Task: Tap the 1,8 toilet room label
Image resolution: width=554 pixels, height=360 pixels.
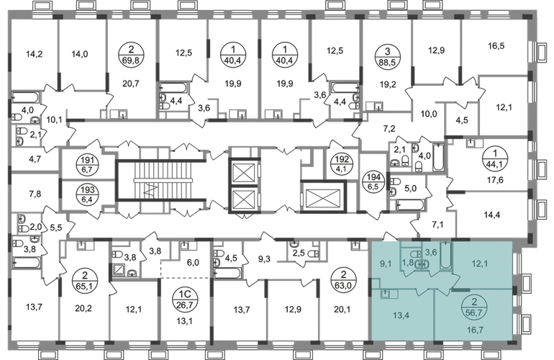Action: (x=407, y=263)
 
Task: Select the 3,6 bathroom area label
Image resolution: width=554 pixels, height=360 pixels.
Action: (x=431, y=252)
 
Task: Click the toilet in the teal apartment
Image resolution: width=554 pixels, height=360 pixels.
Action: (x=419, y=263)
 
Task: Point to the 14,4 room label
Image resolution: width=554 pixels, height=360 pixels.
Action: (x=494, y=213)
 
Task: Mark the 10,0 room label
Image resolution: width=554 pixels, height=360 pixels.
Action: (x=430, y=113)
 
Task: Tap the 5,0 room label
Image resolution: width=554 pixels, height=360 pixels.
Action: (x=409, y=190)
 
